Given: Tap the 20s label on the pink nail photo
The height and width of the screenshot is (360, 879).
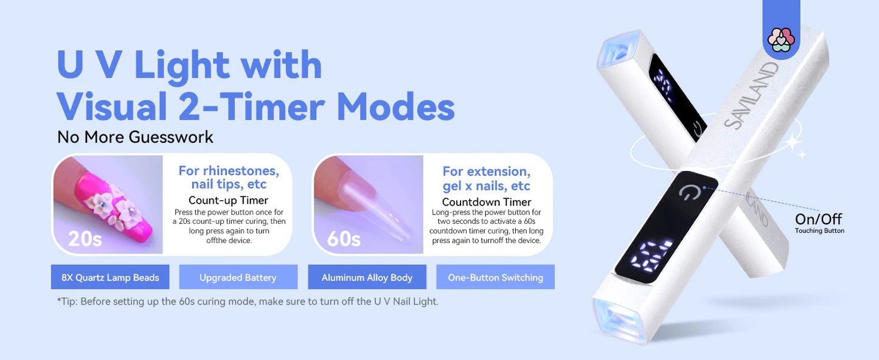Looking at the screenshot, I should point(85,238).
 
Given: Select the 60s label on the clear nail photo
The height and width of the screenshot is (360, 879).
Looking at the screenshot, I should point(344,238).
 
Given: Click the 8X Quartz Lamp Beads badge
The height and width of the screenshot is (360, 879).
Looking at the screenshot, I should point(110,277).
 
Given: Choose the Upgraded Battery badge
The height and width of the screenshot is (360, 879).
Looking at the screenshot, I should point(238,277).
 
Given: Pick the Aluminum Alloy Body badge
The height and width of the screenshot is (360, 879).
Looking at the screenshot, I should point(367,277).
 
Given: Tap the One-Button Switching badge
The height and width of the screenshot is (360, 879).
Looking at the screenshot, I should point(495,277).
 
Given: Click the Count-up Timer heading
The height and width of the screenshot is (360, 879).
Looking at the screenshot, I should point(228,200).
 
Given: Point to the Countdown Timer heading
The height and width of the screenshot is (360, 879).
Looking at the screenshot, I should point(487,202).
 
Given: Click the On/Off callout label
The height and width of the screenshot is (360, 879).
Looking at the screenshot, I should point(818,219).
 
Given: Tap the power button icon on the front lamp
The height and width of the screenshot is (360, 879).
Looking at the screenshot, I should point(689,193).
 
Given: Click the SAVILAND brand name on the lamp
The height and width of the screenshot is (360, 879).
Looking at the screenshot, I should point(752,95).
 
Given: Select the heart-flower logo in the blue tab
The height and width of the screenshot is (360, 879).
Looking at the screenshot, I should point(781,40).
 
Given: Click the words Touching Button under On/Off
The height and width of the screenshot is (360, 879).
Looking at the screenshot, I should point(819,231).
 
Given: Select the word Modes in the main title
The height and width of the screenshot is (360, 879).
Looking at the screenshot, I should point(395,107).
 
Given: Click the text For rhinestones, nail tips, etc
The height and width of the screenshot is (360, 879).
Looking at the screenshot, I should point(228,177).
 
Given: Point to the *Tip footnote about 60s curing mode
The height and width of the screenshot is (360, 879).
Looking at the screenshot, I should point(247,301).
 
